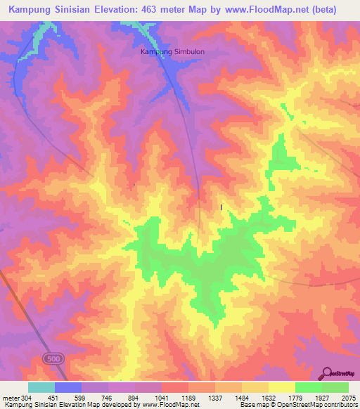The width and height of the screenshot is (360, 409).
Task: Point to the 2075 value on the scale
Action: pos(347,398)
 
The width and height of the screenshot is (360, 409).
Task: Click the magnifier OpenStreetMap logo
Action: pos(327,373)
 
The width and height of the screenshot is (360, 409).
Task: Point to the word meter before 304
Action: pos(8,398)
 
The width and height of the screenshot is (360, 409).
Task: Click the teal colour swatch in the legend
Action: pos(41,387)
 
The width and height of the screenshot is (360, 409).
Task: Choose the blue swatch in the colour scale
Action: pos(68,387)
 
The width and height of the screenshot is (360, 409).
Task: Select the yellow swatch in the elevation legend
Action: pos(281,387)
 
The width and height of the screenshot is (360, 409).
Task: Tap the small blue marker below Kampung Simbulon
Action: pos(222,207)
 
